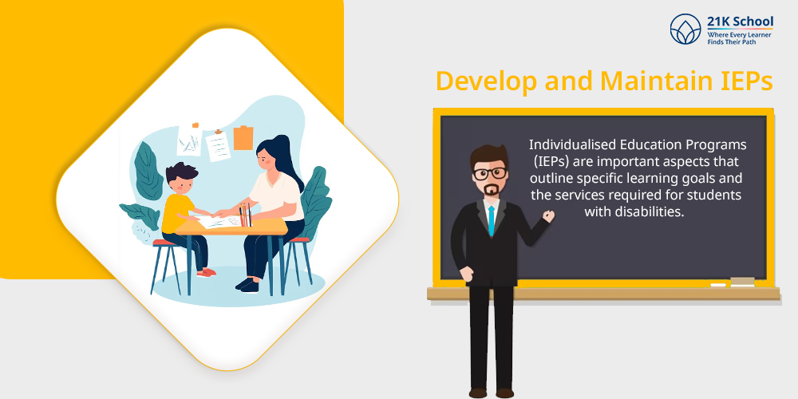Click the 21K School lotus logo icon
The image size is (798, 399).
point(685,29)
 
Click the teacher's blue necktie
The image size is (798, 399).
point(491,220)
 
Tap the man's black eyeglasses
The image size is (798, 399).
point(489,173)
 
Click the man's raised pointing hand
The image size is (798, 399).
point(548,215)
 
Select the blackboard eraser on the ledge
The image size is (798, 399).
point(742,281)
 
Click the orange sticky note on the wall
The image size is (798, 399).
point(243,138)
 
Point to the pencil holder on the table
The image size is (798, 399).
point(245,215)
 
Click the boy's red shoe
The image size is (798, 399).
point(206,273)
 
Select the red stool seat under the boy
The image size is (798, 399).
point(164,243)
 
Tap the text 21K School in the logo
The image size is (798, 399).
point(740,22)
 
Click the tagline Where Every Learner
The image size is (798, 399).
point(739,34)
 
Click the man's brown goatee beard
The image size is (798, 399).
point(490,191)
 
